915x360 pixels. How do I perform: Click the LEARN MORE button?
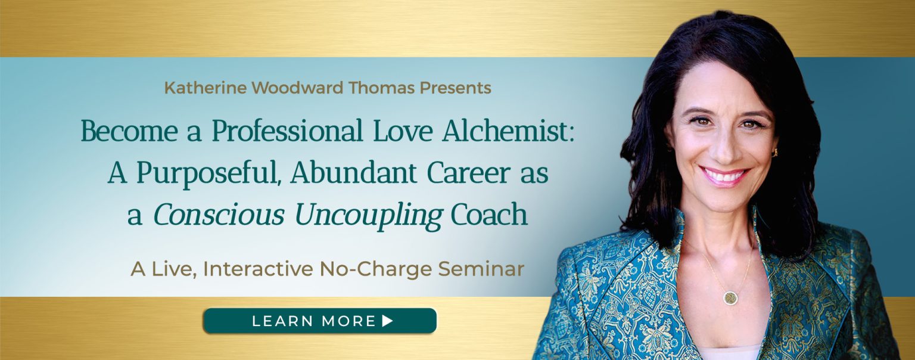click(x=320, y=321)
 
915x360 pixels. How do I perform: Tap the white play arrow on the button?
click(x=387, y=321)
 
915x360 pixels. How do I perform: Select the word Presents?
click(x=456, y=88)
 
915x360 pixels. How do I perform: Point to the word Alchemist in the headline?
click(x=508, y=131)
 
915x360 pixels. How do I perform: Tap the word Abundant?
click(x=354, y=173)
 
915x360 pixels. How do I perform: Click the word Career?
click(x=469, y=173)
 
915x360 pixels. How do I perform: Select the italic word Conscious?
click(x=219, y=215)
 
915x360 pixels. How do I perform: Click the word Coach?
click(x=489, y=214)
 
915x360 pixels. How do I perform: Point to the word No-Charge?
click(x=375, y=269)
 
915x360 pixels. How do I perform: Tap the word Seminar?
click(x=481, y=269)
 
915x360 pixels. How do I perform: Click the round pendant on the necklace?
click(x=730, y=297)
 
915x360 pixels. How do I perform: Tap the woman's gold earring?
click(x=774, y=153)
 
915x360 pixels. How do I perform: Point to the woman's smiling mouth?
click(x=724, y=176)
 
